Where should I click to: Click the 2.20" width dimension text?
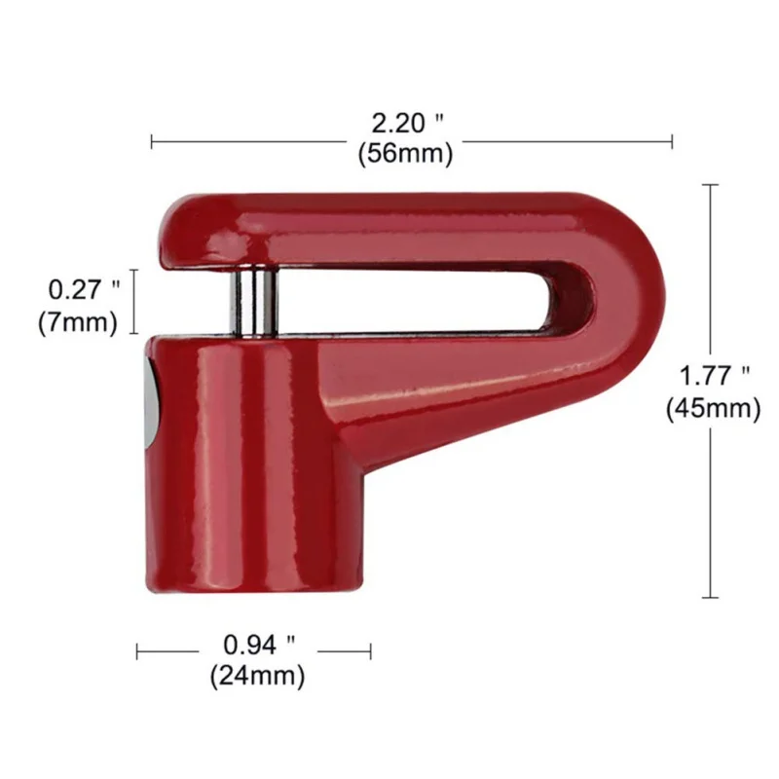[x=407, y=123]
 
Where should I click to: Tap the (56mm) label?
[x=405, y=153]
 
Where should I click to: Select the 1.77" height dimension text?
[x=714, y=375]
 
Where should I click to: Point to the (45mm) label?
[x=714, y=408]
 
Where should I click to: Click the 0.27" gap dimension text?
[x=84, y=289]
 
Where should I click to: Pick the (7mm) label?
[x=78, y=322]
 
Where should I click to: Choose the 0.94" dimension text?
[x=259, y=646]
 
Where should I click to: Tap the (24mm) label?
[x=257, y=676]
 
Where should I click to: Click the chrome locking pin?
[x=253, y=302]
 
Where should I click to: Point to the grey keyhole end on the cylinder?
[x=153, y=404]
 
